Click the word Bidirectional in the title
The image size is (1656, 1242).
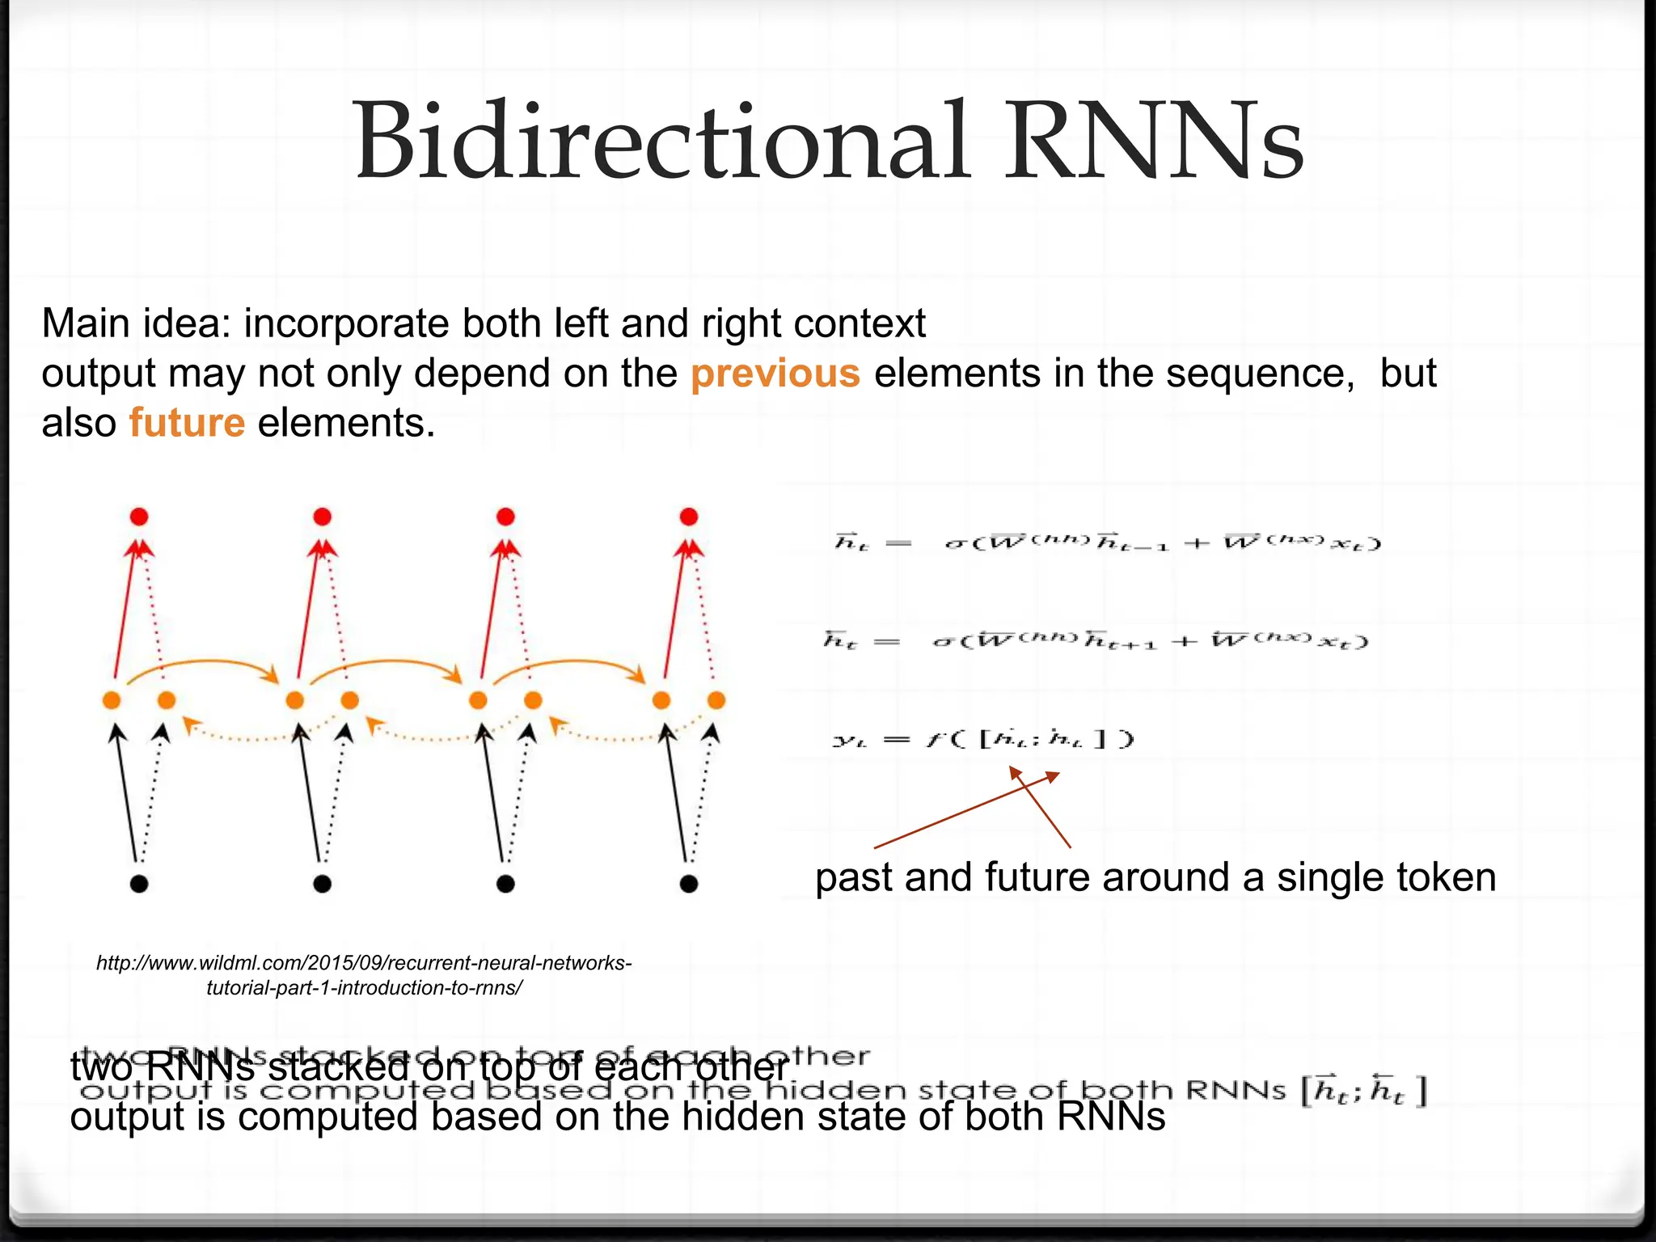click(661, 142)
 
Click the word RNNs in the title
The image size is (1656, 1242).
click(1153, 142)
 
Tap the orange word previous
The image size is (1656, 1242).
click(775, 374)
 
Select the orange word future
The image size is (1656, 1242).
click(187, 423)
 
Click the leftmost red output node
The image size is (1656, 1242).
click(139, 517)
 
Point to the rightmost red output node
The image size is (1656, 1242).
click(689, 517)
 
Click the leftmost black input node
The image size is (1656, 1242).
click(139, 884)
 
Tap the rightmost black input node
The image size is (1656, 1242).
click(689, 884)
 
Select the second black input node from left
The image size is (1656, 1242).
click(322, 884)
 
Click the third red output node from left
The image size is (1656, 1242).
click(505, 517)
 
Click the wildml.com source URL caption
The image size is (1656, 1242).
click(364, 975)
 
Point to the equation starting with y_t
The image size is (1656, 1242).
click(983, 739)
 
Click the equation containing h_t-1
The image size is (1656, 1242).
click(1108, 542)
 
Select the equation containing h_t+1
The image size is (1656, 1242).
click(1096, 641)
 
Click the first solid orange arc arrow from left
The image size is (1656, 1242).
click(202, 665)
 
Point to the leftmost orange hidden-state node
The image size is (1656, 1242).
click(112, 700)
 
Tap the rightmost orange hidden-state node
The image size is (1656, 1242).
click(716, 700)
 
